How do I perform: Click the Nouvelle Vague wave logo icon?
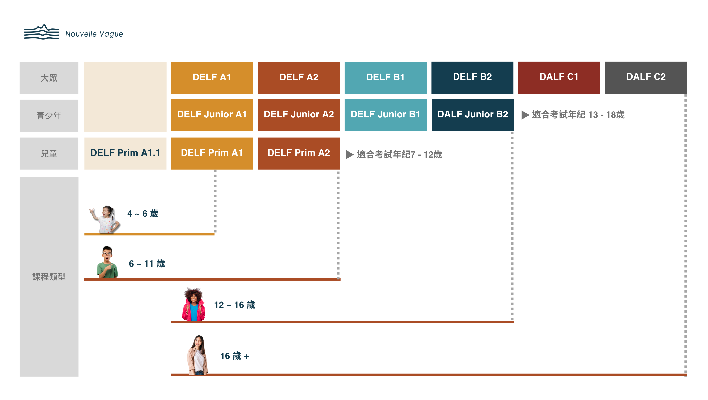(x=42, y=32)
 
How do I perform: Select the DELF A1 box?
(x=212, y=78)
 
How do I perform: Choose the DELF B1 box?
(x=386, y=78)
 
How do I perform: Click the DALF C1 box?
(x=559, y=78)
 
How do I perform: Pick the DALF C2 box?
(x=646, y=78)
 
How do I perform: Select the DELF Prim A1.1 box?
(x=125, y=153)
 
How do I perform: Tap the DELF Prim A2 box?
(x=299, y=153)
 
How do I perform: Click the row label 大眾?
(x=49, y=78)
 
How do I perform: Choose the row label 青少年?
(x=49, y=115)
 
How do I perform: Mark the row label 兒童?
(x=49, y=154)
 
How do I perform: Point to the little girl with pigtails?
(x=105, y=219)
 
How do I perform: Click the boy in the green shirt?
(x=107, y=262)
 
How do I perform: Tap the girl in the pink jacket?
(x=194, y=304)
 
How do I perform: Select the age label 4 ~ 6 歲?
(x=143, y=213)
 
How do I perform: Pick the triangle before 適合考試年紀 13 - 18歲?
(x=525, y=115)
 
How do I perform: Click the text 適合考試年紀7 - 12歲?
(x=399, y=154)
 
